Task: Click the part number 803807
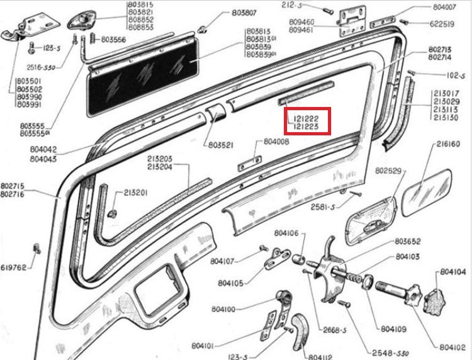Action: [x=244, y=13]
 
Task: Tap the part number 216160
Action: [x=448, y=144]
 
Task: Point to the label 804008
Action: [x=276, y=142]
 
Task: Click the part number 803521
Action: [x=221, y=145]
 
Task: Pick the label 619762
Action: [x=13, y=267]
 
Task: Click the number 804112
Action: [x=320, y=357]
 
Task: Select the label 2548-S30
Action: [x=390, y=353]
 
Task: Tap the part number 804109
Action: [x=393, y=329]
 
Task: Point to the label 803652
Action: [x=407, y=241]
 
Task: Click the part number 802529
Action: [x=388, y=171]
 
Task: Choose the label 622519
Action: [x=442, y=24]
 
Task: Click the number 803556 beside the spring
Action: [x=113, y=40]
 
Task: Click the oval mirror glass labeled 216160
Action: [x=427, y=193]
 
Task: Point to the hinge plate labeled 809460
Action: [x=352, y=22]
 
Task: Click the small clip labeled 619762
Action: [x=37, y=248]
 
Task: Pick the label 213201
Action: [x=135, y=193]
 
